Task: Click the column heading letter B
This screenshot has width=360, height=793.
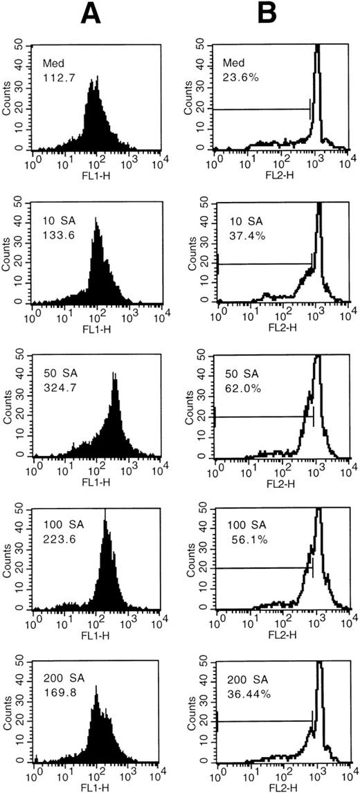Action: pos(267,12)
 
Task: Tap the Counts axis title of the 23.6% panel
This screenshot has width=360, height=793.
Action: pos(188,98)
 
